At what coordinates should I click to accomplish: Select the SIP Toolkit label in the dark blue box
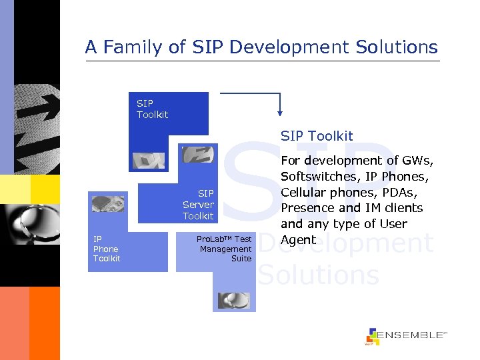pyautogui.click(x=152, y=109)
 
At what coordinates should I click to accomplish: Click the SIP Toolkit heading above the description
pyautogui.click(x=317, y=136)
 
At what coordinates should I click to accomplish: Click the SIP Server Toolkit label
pyautogui.click(x=198, y=205)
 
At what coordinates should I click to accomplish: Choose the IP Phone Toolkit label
pyautogui.click(x=107, y=249)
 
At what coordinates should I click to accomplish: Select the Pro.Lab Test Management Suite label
pyautogui.click(x=224, y=249)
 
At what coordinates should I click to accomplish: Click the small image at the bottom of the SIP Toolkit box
pyautogui.click(x=148, y=161)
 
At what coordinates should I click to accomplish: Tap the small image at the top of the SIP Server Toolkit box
pyautogui.click(x=197, y=155)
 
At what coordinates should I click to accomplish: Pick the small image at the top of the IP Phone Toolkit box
pyautogui.click(x=108, y=204)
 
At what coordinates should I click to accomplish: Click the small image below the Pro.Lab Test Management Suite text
pyautogui.click(x=234, y=301)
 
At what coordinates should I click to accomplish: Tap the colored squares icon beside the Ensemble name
pyautogui.click(x=372, y=337)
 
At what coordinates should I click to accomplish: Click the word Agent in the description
pyautogui.click(x=298, y=240)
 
